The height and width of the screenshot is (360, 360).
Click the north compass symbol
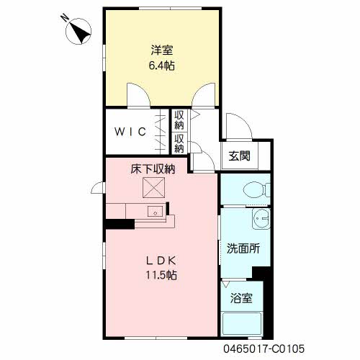(x=78, y=31)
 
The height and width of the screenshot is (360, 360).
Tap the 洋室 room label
(x=162, y=50)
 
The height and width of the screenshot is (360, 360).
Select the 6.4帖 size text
(x=162, y=66)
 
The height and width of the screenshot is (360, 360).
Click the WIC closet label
(x=130, y=132)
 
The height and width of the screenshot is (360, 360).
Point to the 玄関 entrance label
(x=239, y=156)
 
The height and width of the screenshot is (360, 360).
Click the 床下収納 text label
(x=153, y=169)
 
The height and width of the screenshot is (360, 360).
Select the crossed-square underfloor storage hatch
(x=154, y=187)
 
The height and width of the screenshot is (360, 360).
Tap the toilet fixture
(x=257, y=190)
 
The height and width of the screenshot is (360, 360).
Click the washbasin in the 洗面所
(x=261, y=218)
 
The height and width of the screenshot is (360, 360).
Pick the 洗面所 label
(x=243, y=248)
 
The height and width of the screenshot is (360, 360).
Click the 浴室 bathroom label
(x=241, y=298)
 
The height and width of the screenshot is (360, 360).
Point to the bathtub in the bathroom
(x=242, y=324)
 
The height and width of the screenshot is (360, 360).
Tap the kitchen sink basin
(x=155, y=212)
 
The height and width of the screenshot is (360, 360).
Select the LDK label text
(x=161, y=261)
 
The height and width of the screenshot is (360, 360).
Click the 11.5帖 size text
(x=161, y=275)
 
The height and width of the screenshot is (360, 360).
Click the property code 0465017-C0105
(x=264, y=348)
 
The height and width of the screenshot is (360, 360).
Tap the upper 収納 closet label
(x=179, y=120)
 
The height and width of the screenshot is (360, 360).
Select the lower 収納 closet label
(x=179, y=143)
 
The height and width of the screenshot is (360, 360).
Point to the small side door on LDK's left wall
(x=97, y=188)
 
